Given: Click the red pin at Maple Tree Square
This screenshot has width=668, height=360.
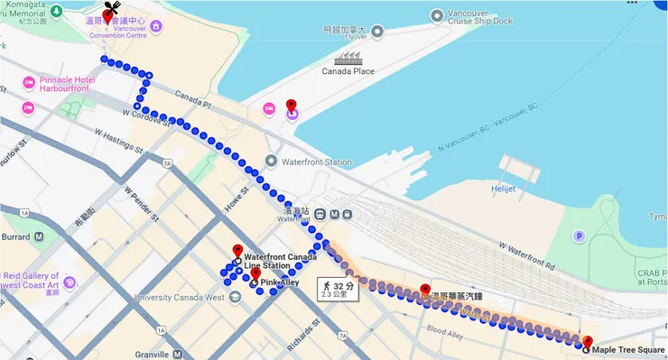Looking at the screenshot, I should (x=588, y=342).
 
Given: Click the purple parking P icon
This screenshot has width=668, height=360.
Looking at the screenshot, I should (x=579, y=235).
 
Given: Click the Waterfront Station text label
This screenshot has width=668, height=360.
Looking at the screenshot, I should (x=316, y=162).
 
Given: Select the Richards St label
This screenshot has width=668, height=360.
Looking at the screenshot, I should (x=304, y=326).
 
